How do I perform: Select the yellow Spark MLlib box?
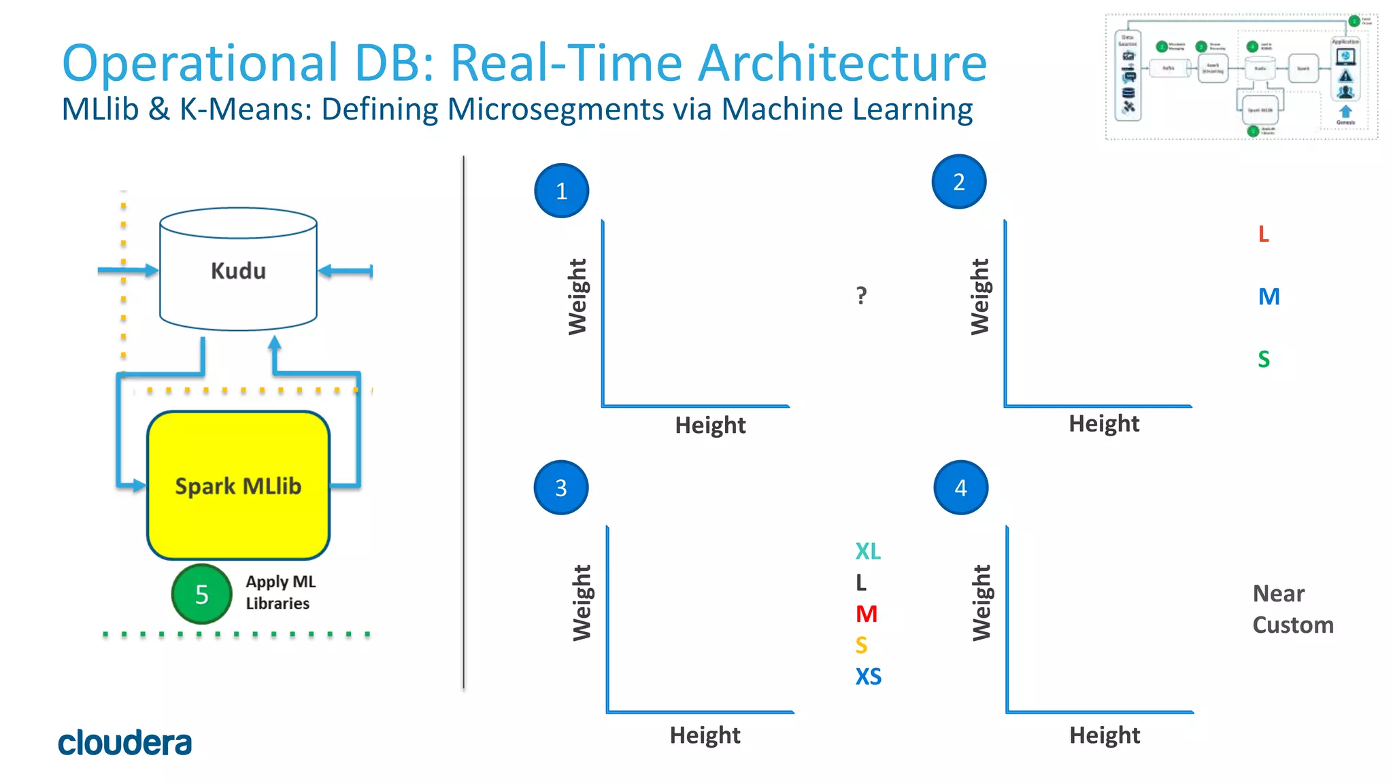[x=238, y=485]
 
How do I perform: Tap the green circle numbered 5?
[x=201, y=594]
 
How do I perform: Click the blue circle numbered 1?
[x=561, y=191]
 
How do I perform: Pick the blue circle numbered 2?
[x=958, y=182]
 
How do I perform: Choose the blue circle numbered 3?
[x=560, y=488]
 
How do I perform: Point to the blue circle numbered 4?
[x=960, y=488]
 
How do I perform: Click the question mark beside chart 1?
[x=861, y=296]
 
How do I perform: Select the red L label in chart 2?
[x=1263, y=234]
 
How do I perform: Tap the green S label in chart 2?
[x=1263, y=359]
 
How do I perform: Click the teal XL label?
[x=868, y=551]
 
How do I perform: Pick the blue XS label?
[x=868, y=677]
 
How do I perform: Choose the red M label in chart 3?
[x=866, y=614]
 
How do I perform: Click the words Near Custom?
[x=1292, y=610]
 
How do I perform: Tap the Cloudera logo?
[x=124, y=743]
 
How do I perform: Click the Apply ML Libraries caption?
[x=280, y=593]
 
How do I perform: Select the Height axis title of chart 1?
[x=710, y=425]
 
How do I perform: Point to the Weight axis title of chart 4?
[x=981, y=603]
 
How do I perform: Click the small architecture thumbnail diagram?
[x=1241, y=76]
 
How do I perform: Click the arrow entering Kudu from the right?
[x=345, y=271]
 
